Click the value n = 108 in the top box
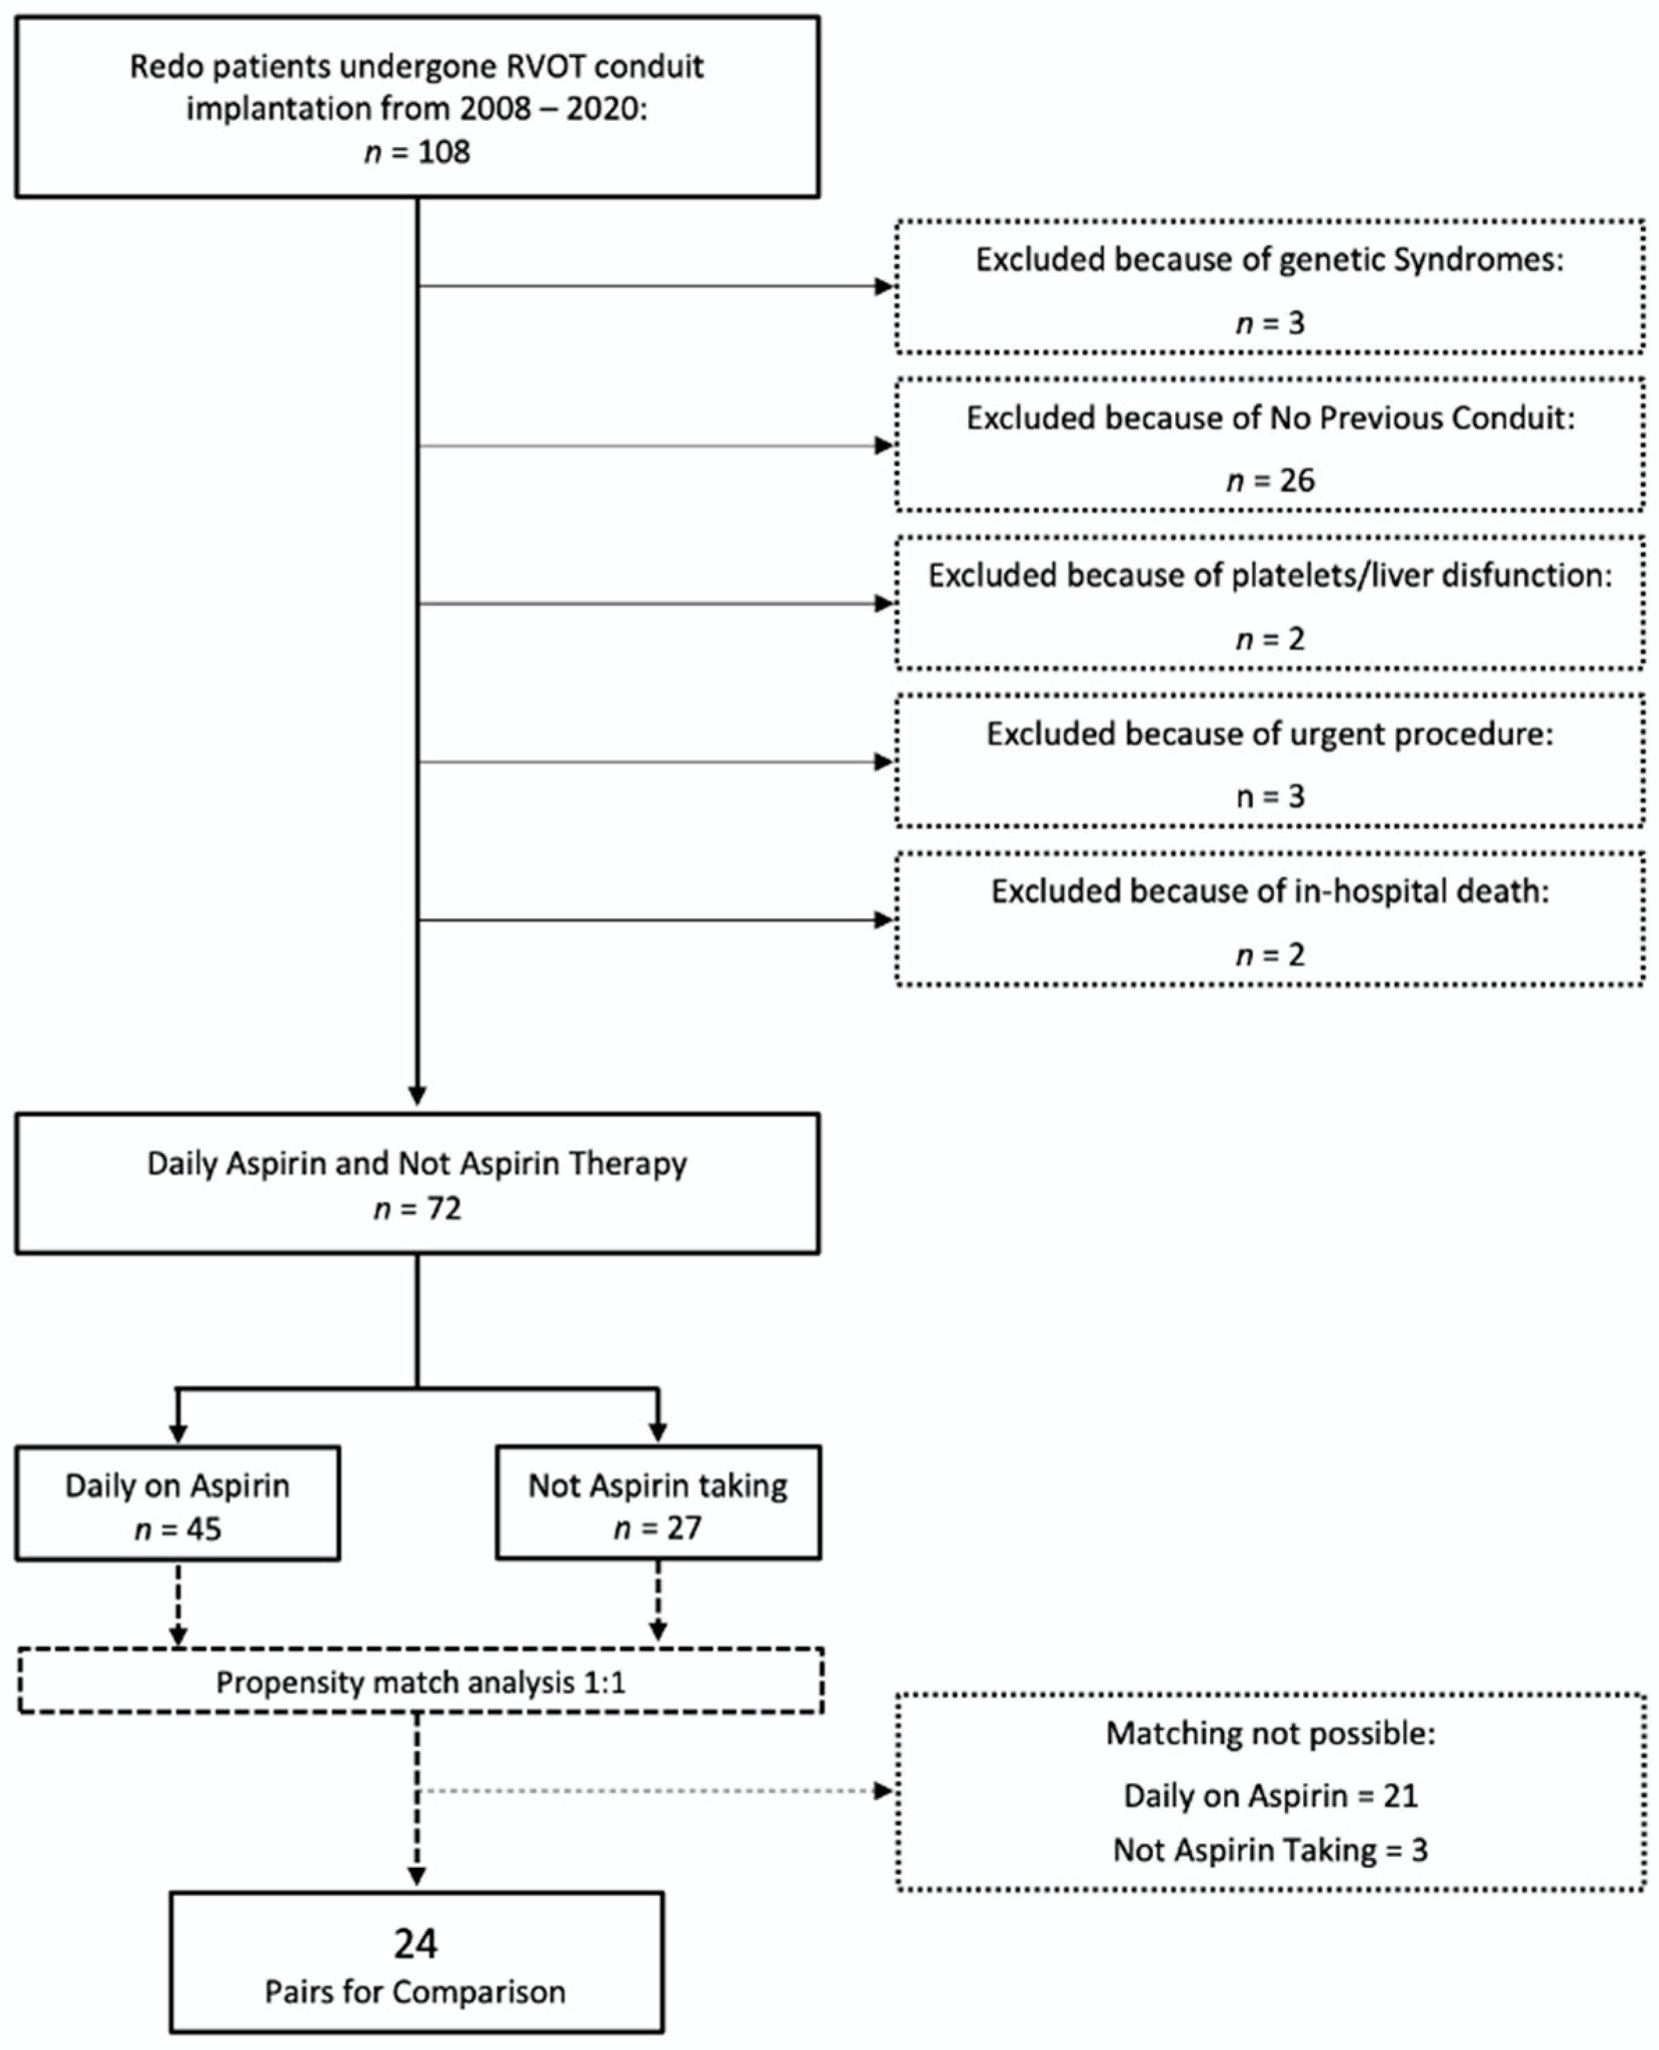point(418,152)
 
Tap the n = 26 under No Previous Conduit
point(1270,479)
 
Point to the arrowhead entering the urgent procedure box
point(884,762)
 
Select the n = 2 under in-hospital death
point(1270,954)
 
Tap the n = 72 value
point(418,1208)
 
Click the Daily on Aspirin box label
point(178,1486)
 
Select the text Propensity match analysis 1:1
point(420,1681)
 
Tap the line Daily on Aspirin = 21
point(1270,1796)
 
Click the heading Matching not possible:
point(1270,1734)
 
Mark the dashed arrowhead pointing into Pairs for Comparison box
point(417,1875)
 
